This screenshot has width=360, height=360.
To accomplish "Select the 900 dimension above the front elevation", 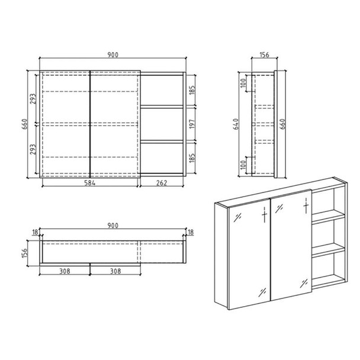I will click(x=112, y=54).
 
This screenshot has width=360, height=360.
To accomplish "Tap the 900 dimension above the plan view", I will click(x=112, y=225).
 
